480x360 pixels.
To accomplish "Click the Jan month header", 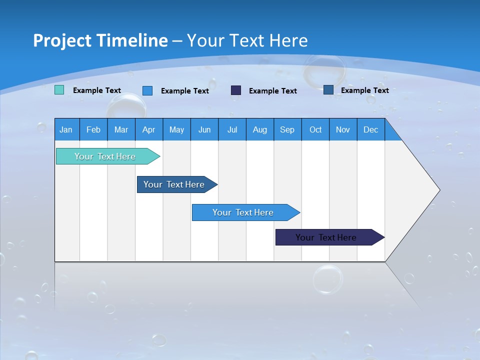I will click(x=66, y=129).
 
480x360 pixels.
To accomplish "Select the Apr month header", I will click(x=148, y=129).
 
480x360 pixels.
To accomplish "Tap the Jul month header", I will click(x=232, y=129).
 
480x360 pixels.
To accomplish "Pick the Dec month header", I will click(x=370, y=129).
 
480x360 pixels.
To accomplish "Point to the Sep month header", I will click(x=287, y=129).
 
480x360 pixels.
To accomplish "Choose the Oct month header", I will click(x=315, y=129).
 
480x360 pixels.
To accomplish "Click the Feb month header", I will click(x=93, y=129).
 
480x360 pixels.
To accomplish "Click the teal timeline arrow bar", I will click(x=105, y=156).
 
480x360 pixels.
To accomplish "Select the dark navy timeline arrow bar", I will click(x=326, y=237).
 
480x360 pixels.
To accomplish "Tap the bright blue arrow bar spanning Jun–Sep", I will click(x=243, y=212).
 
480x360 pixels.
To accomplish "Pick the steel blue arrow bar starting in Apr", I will click(x=174, y=184).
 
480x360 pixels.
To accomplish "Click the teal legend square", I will click(x=59, y=90).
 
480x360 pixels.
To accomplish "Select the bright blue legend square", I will click(x=147, y=90).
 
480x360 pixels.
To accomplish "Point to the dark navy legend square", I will click(x=236, y=90).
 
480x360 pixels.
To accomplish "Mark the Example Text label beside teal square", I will click(x=97, y=90).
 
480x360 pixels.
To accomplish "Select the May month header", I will click(x=176, y=129).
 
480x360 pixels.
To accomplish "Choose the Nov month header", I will click(x=343, y=129).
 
